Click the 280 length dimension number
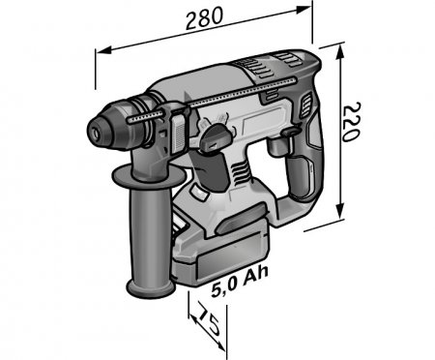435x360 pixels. (204, 16)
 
